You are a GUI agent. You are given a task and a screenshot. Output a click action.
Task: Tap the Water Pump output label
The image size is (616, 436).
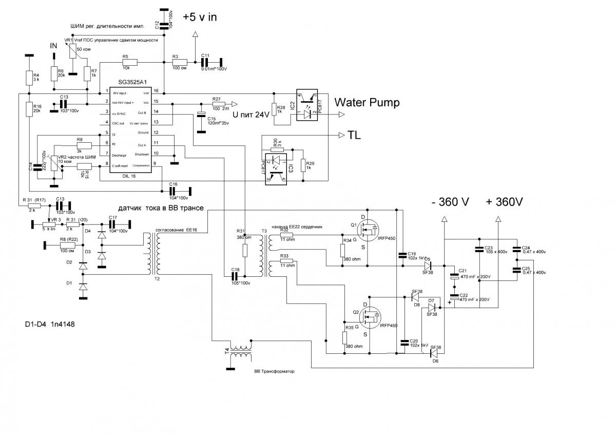(367, 103)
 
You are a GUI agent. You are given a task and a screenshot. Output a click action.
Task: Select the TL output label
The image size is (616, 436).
(355, 136)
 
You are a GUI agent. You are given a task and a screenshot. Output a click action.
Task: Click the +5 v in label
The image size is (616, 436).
(200, 17)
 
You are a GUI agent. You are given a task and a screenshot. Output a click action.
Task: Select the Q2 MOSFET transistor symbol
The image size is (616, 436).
(369, 318)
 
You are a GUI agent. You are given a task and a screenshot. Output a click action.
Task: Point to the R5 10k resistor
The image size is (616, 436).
(126, 62)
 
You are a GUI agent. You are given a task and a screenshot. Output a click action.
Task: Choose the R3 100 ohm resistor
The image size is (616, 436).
(179, 62)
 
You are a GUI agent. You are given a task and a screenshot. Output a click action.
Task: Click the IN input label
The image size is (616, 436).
(53, 46)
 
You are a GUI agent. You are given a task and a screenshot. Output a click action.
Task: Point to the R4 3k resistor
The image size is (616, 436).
(29, 78)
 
